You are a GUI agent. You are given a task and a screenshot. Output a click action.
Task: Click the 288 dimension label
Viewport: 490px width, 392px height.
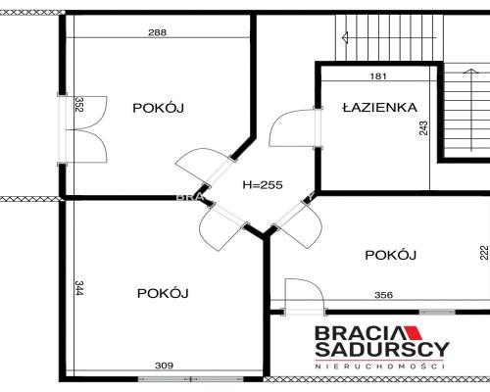(x=157, y=32)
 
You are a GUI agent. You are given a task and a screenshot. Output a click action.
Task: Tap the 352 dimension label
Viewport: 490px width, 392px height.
(x=79, y=104)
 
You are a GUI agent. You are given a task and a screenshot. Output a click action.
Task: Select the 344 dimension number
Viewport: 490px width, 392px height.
(x=79, y=288)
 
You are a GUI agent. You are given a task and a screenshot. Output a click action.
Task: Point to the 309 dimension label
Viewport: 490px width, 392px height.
(x=164, y=366)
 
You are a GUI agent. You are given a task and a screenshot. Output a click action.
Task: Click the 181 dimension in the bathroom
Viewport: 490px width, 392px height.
(x=378, y=76)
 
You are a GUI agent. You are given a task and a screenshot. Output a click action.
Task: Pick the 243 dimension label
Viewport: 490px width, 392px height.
(x=423, y=128)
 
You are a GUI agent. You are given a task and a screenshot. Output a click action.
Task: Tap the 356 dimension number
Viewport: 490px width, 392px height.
(x=383, y=295)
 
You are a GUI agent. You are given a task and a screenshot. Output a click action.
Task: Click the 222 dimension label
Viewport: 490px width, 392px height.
(x=484, y=253)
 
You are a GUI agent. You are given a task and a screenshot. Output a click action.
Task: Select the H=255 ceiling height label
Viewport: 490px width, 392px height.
(x=263, y=185)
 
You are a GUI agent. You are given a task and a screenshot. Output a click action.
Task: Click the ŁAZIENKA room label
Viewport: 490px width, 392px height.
(x=380, y=108)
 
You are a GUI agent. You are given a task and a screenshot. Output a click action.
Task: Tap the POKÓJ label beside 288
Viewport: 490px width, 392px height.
(x=158, y=108)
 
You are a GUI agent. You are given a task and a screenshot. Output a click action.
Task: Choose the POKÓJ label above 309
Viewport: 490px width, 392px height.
(x=163, y=293)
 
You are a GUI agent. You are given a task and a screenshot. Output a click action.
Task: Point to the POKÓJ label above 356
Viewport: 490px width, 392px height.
(x=390, y=255)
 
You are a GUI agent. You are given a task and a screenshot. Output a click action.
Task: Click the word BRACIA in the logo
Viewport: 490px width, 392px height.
(x=360, y=333)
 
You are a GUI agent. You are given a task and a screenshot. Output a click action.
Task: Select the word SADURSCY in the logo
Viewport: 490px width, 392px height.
(x=382, y=349)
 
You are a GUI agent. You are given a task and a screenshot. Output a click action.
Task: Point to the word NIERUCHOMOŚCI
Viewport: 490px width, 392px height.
(x=380, y=367)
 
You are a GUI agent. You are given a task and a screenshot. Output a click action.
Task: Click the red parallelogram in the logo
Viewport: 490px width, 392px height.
(x=413, y=333)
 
